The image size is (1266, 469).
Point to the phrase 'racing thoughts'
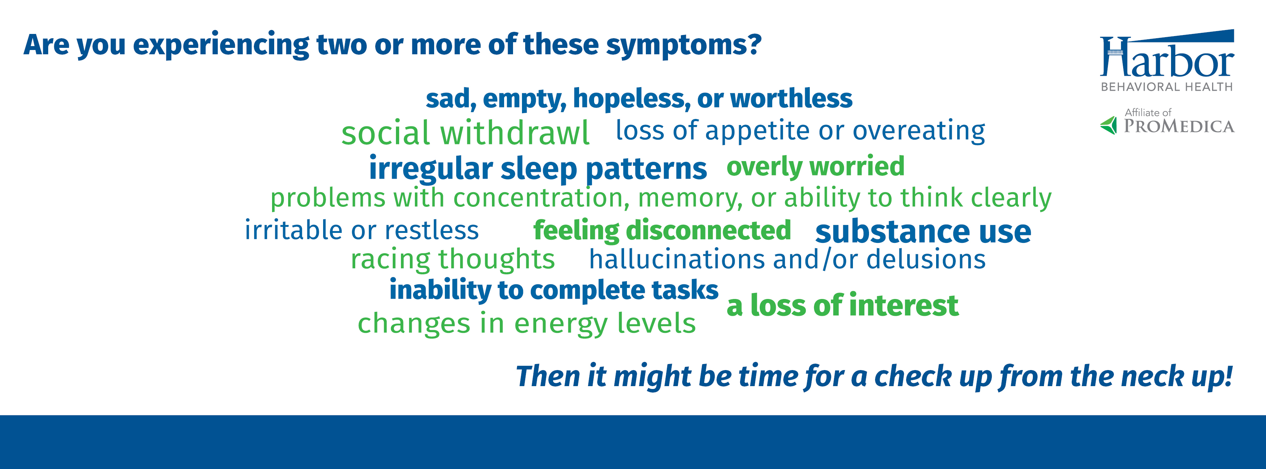coord(453,259)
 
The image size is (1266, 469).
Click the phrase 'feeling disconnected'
coord(662,230)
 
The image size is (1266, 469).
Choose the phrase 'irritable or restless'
coord(362,230)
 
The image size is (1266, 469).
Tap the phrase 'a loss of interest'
coord(842,305)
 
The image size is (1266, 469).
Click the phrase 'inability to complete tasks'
coord(554,290)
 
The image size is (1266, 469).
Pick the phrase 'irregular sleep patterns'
coord(538,169)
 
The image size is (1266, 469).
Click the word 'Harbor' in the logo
coord(1167,58)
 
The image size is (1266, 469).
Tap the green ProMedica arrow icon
coord(1109,125)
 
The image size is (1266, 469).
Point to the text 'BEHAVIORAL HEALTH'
coord(1167,87)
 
